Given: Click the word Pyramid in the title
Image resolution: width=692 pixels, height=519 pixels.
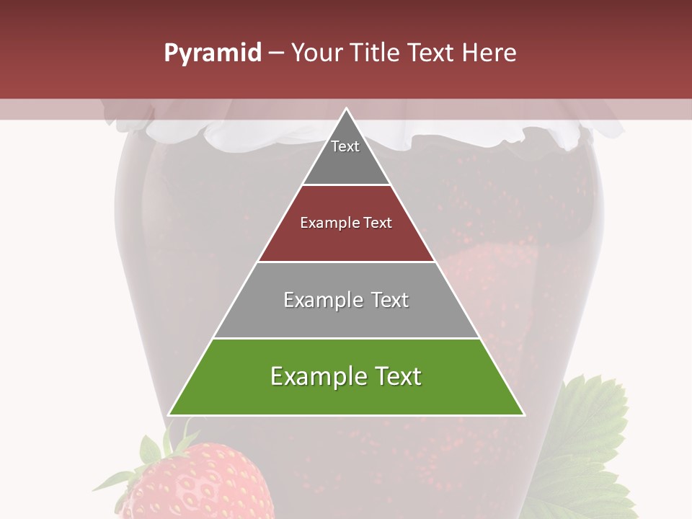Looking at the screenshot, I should click(212, 53).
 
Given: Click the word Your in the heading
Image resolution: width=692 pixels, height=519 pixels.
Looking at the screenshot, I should click(316, 53).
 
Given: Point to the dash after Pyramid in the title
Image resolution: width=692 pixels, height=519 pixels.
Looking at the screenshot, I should click(275, 53).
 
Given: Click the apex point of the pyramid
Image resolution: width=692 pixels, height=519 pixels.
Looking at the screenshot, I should click(346, 109).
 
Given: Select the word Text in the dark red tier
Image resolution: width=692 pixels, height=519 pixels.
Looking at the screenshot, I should click(378, 223).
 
